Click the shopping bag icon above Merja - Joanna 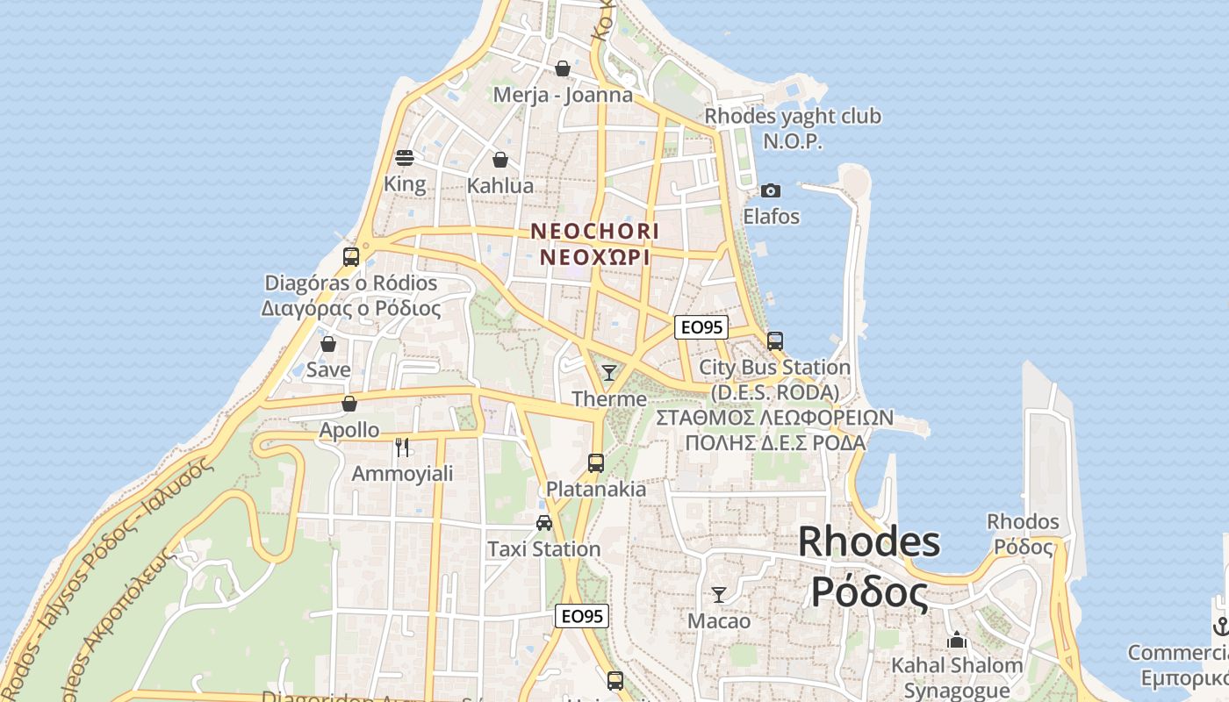pos(563,68)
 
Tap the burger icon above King pos(405,158)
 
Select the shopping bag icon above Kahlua pos(500,160)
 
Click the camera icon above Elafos pos(771,190)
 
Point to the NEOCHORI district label pos(594,231)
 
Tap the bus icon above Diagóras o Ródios pos(351,257)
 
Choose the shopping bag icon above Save pos(328,344)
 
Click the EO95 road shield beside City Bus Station pos(701,327)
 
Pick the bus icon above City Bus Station pos(774,341)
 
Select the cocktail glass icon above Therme pos(608,373)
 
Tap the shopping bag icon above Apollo pos(349,404)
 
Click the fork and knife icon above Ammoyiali pos(402,448)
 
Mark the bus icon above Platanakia pos(596,462)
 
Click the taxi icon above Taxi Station pos(544,523)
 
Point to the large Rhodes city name pos(868,542)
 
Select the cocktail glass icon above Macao pos(719,595)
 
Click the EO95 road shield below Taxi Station pos(582,616)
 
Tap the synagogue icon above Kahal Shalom pos(957,640)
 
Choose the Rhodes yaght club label pos(793,116)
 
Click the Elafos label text pos(772,216)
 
